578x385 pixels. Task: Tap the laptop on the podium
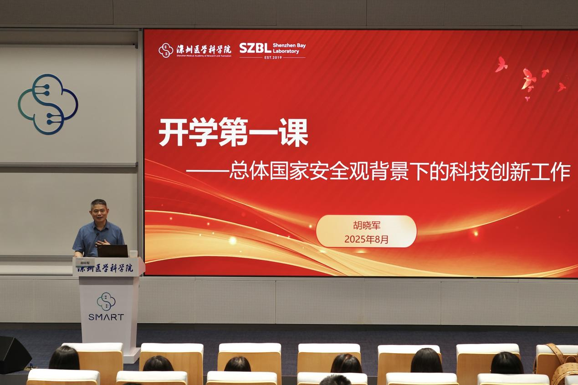coord(113,251)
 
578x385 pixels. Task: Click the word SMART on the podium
coord(106,317)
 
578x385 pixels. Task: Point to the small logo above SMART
coord(106,301)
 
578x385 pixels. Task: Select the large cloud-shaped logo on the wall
coord(48,104)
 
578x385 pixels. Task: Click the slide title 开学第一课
coord(233,132)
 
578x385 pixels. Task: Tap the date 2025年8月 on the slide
coord(366,239)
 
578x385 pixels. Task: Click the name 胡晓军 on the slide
coord(366,226)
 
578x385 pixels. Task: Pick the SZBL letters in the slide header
coord(255,48)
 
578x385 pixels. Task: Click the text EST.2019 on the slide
coord(273,58)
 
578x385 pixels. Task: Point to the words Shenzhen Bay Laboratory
coord(289,48)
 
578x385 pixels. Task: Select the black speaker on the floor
coord(14,354)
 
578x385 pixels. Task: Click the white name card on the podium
coord(85,263)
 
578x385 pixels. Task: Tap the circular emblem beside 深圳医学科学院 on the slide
coord(166,50)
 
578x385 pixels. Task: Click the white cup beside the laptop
coord(133,254)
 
